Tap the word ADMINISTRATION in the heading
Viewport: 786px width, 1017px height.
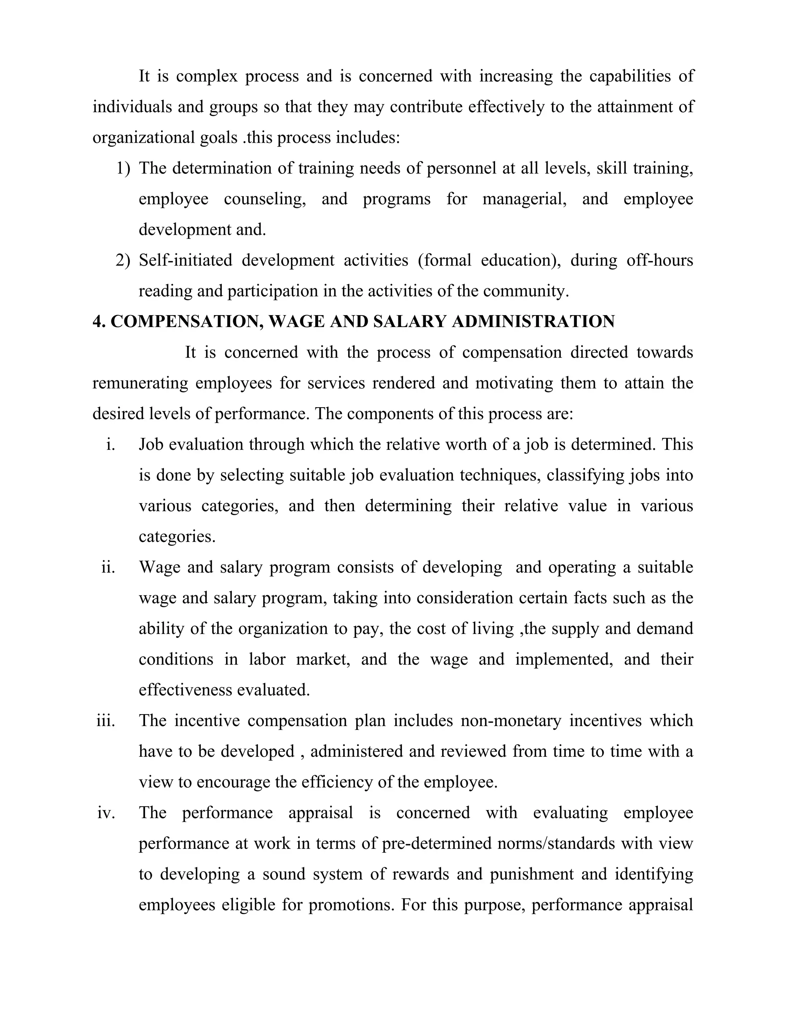[533, 322]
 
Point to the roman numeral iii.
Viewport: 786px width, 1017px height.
[106, 721]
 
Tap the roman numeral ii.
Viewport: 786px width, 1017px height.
[108, 567]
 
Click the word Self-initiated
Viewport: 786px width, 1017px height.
[185, 260]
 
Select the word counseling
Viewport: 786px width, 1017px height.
[264, 199]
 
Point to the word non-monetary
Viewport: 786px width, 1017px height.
[511, 721]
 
